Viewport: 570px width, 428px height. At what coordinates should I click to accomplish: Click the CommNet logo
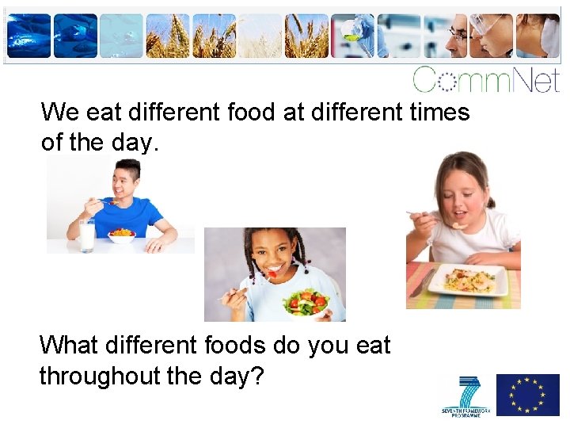pyautogui.click(x=485, y=79)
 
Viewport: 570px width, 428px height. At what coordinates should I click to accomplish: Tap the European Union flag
pyautogui.click(x=527, y=394)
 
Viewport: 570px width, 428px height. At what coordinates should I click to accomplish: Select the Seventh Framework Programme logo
pyautogui.click(x=466, y=396)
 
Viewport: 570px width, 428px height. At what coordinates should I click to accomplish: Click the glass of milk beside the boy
pyautogui.click(x=87, y=235)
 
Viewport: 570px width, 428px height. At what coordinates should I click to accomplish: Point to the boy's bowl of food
pyautogui.click(x=121, y=235)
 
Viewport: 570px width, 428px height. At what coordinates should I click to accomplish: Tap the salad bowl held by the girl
pyautogui.click(x=307, y=304)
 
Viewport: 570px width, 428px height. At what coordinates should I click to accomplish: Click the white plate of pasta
pyautogui.click(x=468, y=280)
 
